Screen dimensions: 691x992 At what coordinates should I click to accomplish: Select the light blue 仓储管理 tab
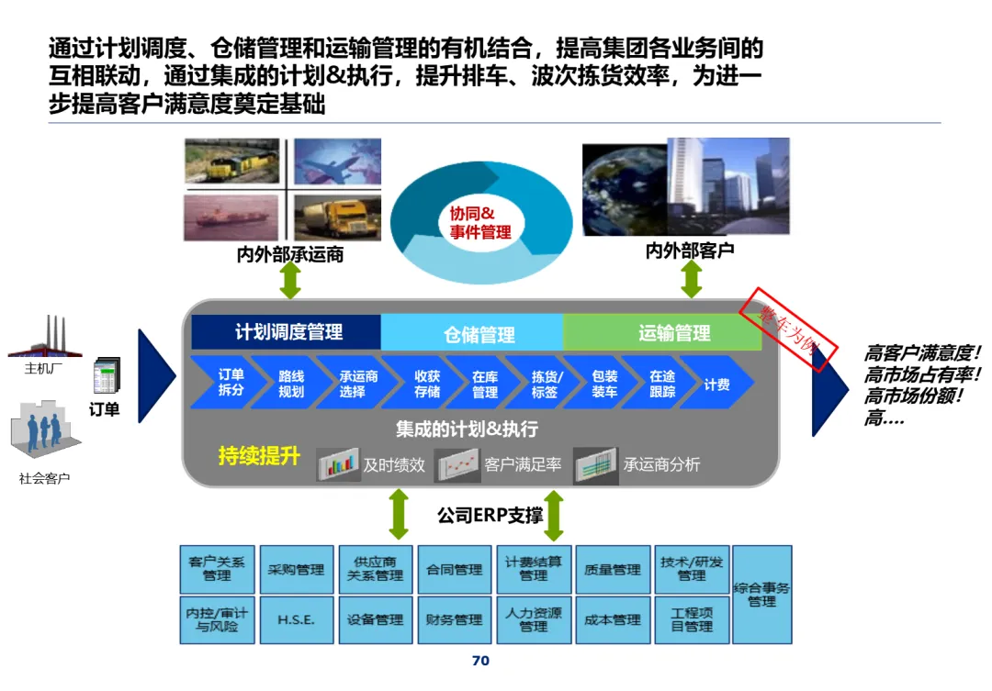point(479,334)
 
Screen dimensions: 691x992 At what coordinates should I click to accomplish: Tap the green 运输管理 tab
point(674,333)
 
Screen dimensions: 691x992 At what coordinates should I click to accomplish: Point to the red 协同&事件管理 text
point(479,223)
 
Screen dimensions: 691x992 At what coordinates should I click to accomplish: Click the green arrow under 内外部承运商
point(290,280)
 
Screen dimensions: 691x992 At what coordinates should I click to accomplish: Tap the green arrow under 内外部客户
point(691,276)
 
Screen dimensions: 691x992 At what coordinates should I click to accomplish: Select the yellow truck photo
point(337,217)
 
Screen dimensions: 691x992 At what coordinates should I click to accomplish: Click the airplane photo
point(337,162)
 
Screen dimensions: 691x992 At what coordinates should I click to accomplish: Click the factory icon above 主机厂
point(46,338)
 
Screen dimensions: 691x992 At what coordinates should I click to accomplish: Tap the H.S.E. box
point(296,619)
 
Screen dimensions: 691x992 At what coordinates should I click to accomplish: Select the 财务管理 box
point(454,619)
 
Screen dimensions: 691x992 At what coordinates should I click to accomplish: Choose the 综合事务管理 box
point(761,595)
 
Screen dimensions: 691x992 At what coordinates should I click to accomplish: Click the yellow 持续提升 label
point(259,456)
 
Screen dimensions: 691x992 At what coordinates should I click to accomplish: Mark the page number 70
point(480,661)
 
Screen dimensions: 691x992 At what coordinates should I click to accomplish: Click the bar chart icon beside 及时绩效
point(338,464)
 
